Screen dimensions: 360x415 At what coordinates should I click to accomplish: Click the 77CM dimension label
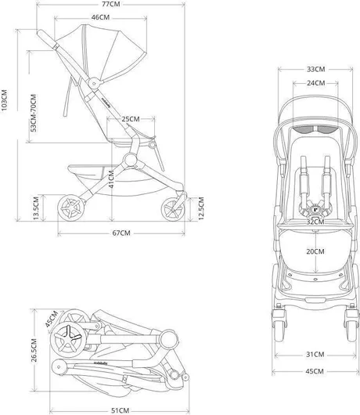[x=111, y=4]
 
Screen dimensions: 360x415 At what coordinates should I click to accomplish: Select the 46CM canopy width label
[x=100, y=17]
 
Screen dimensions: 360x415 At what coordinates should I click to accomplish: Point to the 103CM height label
[x=5, y=100]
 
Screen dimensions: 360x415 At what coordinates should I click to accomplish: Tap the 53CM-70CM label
[x=34, y=113]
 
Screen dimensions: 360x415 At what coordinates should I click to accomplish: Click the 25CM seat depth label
[x=131, y=119]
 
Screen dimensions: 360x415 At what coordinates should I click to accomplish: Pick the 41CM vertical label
[x=111, y=179]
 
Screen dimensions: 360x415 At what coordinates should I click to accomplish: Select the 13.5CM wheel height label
[x=36, y=207]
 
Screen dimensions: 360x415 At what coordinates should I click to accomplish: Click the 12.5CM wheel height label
[x=201, y=208]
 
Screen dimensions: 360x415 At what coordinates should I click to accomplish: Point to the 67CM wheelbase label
[x=121, y=233]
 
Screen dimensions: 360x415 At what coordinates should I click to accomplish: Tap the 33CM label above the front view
[x=316, y=69]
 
